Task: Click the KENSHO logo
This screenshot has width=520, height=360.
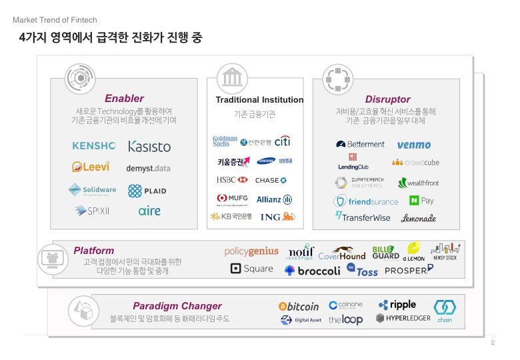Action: [94, 145]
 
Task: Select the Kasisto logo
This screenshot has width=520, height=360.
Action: [149, 146]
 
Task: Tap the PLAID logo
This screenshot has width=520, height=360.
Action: [147, 191]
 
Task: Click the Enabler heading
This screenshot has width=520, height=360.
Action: [124, 99]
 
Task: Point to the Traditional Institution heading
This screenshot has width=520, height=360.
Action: [259, 100]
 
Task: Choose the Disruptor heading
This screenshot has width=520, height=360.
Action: [387, 99]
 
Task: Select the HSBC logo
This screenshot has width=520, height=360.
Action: [231, 180]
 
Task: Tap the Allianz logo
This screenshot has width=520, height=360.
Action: [274, 199]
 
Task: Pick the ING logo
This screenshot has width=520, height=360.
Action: [277, 217]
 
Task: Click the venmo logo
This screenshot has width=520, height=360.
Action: [413, 145]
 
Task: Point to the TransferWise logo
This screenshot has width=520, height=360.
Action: [362, 217]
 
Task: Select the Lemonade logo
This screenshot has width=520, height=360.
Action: [419, 217]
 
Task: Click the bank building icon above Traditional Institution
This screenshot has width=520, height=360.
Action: [232, 77]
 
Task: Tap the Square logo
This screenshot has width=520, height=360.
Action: [251, 269]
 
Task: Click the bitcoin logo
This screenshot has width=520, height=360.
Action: [299, 307]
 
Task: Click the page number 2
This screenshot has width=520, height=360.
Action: [492, 343]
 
